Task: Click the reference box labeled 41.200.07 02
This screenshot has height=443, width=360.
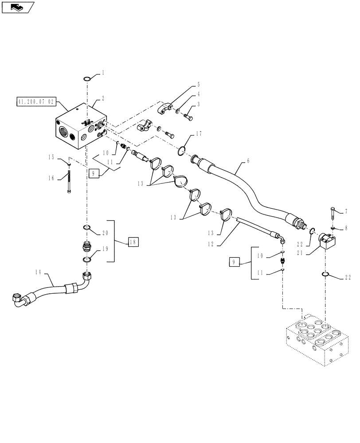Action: [x=35, y=101]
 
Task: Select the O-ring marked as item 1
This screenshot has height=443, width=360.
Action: [x=87, y=79]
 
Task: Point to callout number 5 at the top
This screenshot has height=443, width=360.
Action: [x=199, y=84]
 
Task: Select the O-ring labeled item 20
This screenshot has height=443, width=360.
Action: [x=87, y=228]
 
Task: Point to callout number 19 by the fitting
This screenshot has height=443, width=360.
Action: [x=105, y=249]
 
